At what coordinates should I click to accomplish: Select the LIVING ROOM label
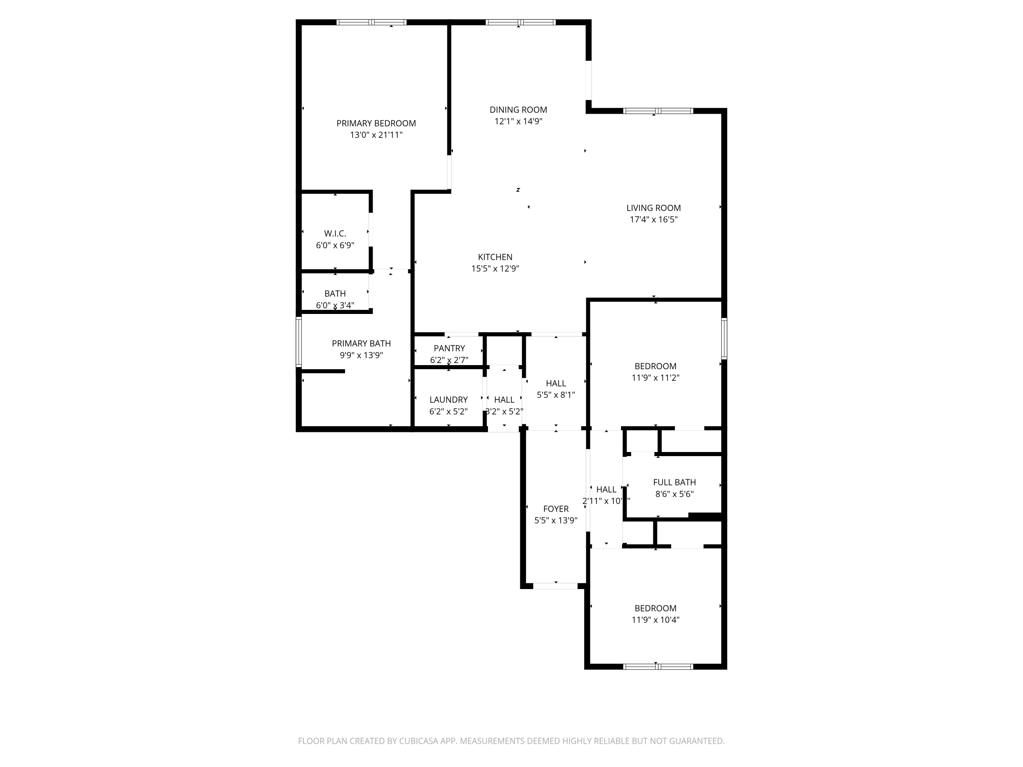653,208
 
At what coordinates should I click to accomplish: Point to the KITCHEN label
495,257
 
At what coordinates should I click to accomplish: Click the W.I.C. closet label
335,234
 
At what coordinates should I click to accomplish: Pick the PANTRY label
449,348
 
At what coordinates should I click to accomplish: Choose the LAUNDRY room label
448,400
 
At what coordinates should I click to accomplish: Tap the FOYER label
555,509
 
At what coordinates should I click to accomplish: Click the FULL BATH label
674,482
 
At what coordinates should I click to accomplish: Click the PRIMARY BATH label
361,344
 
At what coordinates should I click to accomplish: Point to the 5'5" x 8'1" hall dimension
555,395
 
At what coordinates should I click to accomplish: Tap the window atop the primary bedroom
371,22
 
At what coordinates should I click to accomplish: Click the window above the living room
658,111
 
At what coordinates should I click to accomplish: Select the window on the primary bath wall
299,342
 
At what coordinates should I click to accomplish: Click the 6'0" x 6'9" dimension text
335,245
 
